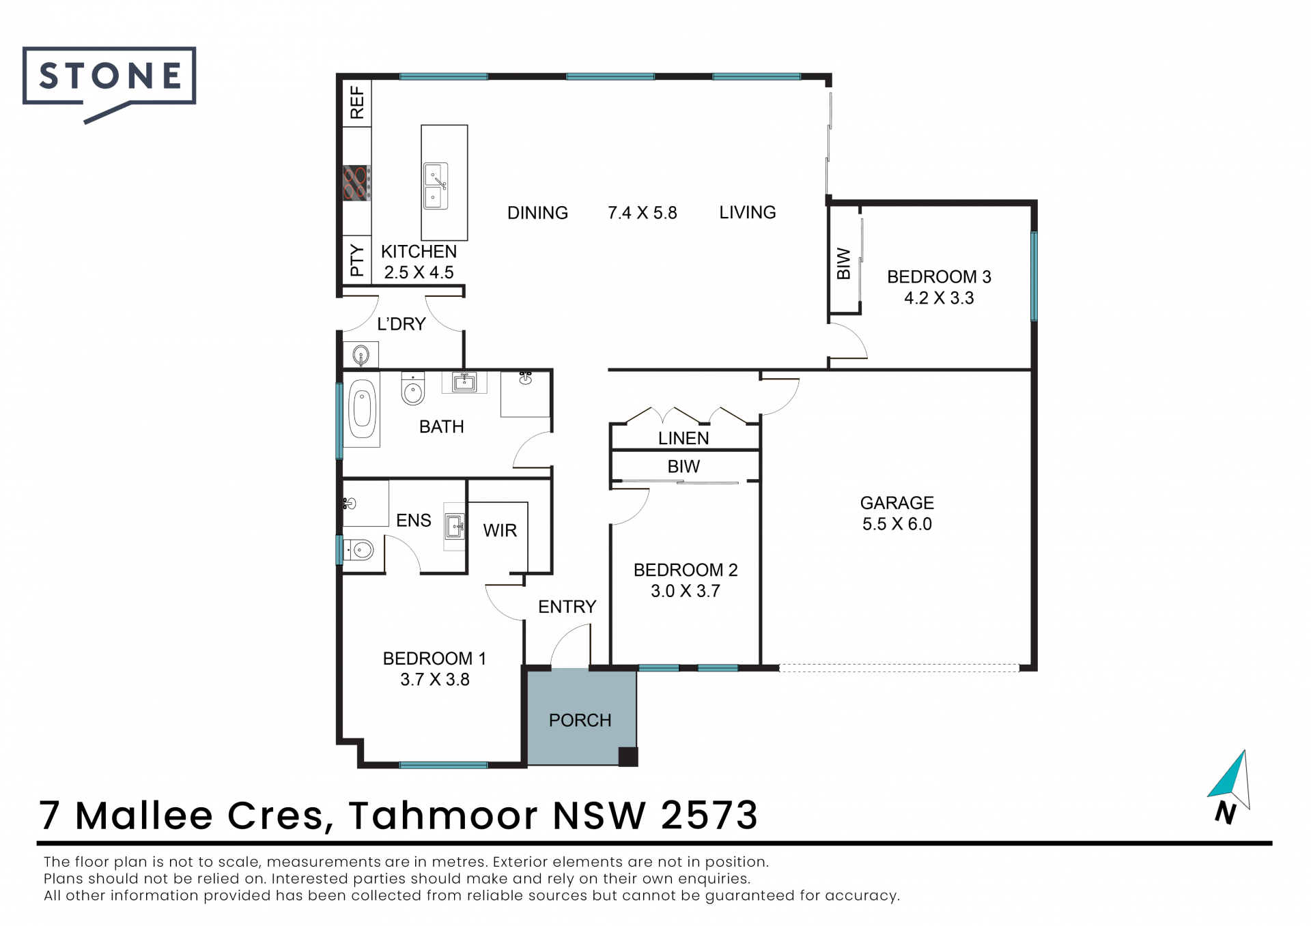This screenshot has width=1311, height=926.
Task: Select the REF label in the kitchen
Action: tap(357, 102)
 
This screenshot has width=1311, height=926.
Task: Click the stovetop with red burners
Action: tap(356, 183)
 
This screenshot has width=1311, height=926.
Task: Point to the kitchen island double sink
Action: tap(436, 186)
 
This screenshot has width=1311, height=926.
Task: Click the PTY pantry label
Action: tap(357, 260)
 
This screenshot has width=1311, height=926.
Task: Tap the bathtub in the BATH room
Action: tap(362, 409)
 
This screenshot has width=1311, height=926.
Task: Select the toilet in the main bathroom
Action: tap(412, 388)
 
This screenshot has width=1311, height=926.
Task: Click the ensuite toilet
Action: tap(358, 549)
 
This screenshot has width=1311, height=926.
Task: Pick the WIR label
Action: tap(500, 530)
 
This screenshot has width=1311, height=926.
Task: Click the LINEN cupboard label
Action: tap(683, 438)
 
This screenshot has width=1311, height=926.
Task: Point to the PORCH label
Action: tap(580, 720)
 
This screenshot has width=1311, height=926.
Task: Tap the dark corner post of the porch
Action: tap(628, 757)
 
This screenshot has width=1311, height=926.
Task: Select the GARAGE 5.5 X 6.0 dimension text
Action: tap(897, 513)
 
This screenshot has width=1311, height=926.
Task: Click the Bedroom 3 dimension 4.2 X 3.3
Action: tap(939, 298)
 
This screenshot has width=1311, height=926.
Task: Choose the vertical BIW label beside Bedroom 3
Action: tap(844, 263)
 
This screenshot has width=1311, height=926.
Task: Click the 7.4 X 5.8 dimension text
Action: tap(642, 213)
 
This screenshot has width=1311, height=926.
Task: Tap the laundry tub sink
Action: tap(361, 355)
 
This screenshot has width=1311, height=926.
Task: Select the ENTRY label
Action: tap(567, 607)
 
